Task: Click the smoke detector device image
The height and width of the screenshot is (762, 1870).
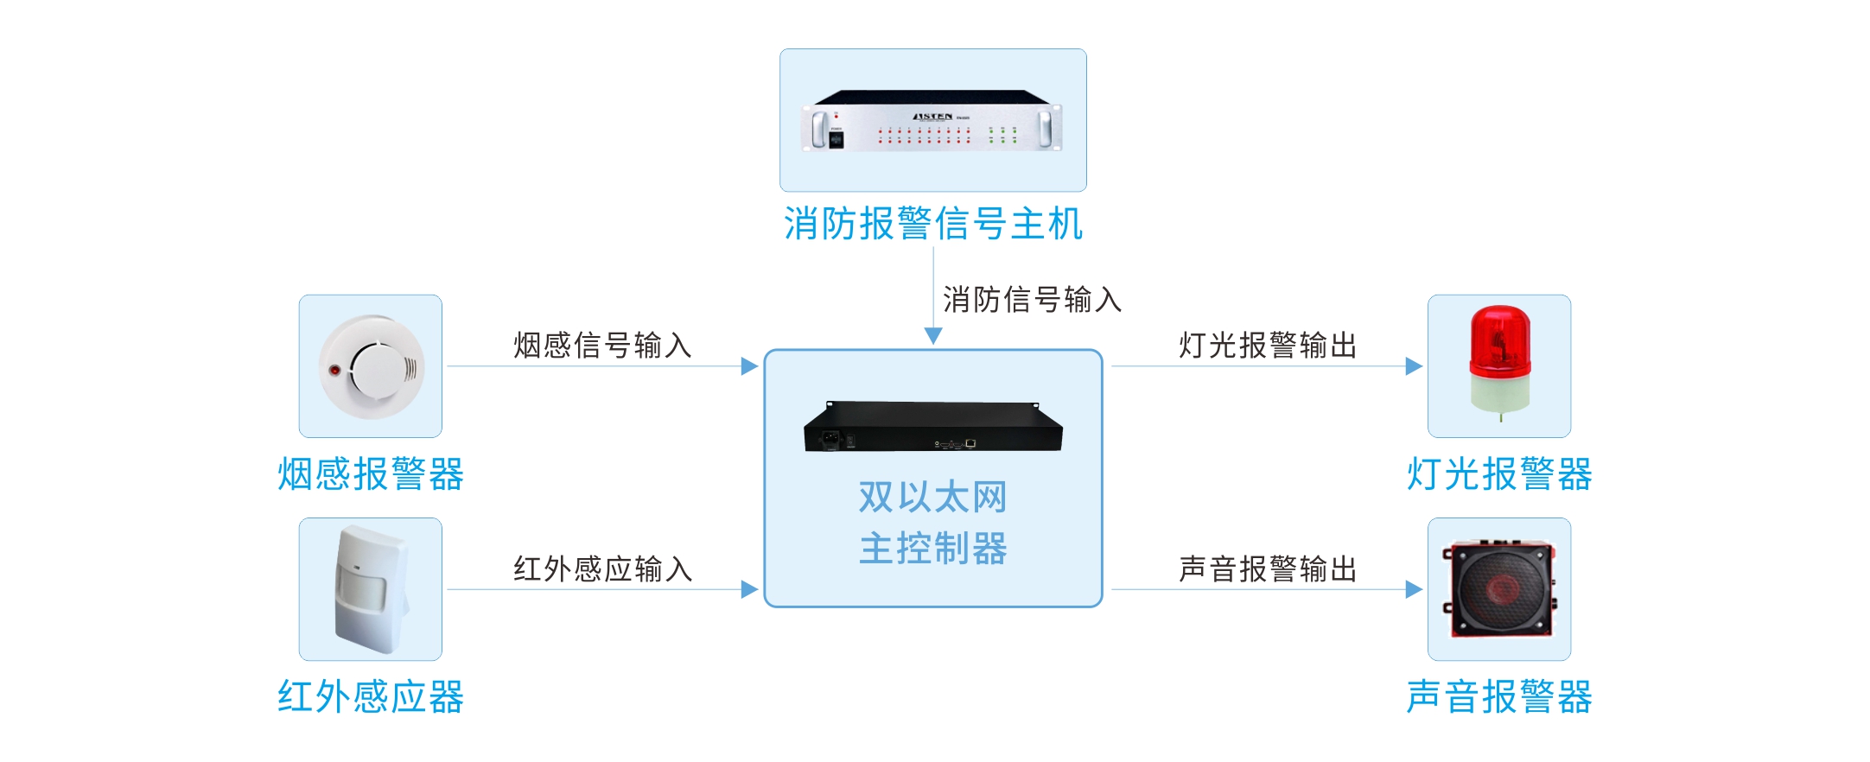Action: (x=372, y=367)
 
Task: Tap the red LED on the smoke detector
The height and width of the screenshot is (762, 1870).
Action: (x=334, y=370)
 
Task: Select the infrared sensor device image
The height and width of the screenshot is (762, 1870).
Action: (x=371, y=590)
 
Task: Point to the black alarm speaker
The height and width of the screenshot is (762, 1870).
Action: (x=1499, y=589)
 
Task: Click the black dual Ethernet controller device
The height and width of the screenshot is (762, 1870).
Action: (x=932, y=428)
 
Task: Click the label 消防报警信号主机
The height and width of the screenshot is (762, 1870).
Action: (x=932, y=224)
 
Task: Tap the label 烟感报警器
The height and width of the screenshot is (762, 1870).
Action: (x=371, y=474)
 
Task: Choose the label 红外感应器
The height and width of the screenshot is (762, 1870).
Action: (x=371, y=696)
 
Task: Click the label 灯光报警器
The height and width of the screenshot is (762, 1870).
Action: (x=1499, y=474)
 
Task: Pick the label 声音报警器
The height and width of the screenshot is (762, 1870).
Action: (x=1499, y=696)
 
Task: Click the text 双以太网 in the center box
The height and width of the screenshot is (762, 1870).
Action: (x=932, y=498)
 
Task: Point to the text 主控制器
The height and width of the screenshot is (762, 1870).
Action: (x=932, y=549)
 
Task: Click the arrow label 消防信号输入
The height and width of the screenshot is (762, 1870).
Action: (x=1032, y=300)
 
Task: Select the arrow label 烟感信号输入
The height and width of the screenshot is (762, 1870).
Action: (x=602, y=345)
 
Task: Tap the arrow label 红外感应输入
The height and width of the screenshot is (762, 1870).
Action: (x=602, y=568)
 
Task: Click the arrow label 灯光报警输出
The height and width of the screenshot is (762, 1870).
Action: (x=1268, y=345)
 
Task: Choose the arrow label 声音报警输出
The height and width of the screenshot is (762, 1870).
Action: (x=1268, y=568)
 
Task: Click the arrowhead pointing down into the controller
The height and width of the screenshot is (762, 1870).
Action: (x=933, y=336)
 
